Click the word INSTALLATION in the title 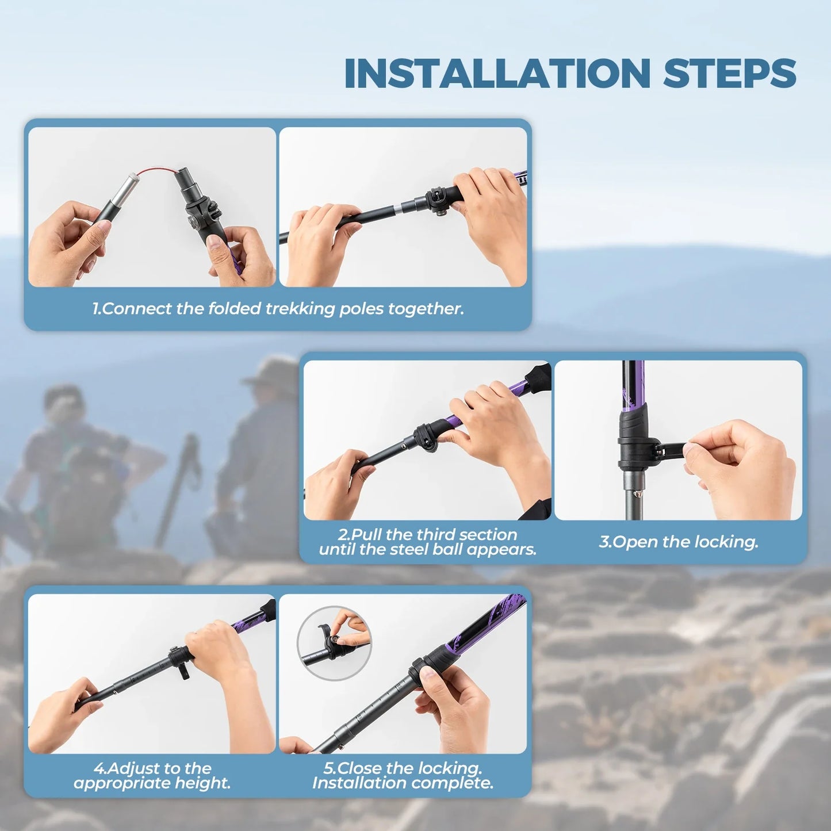(497, 74)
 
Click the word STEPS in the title (729, 74)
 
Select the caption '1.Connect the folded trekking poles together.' (278, 309)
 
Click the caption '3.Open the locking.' (679, 542)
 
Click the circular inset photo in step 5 (334, 643)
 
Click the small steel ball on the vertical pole (636, 493)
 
